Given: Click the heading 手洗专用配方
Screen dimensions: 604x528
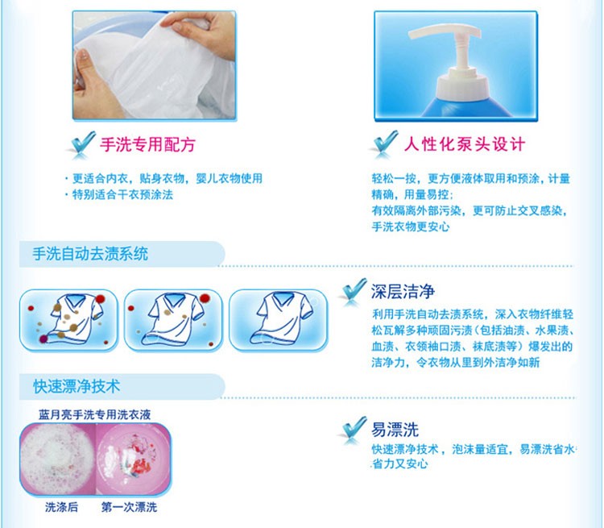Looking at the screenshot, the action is tap(147, 144).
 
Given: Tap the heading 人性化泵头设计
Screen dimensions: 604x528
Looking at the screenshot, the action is tap(465, 144).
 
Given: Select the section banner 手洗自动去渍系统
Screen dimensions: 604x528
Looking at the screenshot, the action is tap(90, 254).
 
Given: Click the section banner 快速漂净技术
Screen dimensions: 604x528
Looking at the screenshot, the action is tap(77, 386).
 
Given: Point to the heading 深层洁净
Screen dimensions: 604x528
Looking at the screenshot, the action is tap(403, 292).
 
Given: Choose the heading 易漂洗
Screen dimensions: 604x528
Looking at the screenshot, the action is tap(395, 430).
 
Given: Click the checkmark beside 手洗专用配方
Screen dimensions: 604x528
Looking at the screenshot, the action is tap(82, 144).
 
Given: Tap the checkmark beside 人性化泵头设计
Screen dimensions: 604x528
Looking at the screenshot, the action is tap(384, 144).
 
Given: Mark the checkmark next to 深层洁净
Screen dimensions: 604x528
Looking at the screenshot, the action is tap(354, 292).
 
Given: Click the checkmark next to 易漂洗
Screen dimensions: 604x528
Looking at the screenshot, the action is tap(354, 430).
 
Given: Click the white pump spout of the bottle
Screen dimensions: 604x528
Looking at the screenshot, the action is tap(443, 32).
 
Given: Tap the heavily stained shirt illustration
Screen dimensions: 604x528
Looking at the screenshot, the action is tap(68, 321).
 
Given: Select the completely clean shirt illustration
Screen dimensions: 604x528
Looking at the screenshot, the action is tap(278, 321).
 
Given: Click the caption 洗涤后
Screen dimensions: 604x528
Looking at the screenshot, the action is tap(61, 507).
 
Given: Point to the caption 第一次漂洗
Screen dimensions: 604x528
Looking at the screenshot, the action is tap(129, 507).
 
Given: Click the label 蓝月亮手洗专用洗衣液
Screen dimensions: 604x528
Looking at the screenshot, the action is tap(95, 414).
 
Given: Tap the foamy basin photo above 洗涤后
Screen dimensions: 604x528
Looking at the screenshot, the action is tap(58, 459).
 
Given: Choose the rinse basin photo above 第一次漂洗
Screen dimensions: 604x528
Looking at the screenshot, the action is tap(133, 459).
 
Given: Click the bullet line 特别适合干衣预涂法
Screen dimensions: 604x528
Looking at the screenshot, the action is tap(119, 194).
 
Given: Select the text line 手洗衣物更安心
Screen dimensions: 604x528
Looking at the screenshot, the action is tap(411, 227).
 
